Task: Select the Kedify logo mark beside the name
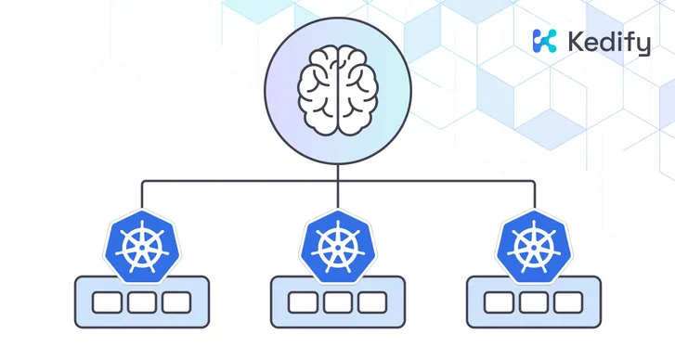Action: click(544, 41)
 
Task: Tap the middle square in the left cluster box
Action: click(141, 302)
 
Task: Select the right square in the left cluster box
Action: click(176, 302)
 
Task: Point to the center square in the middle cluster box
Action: click(337, 302)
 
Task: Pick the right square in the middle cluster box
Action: click(372, 302)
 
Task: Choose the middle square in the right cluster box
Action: click(533, 302)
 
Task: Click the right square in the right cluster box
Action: click(568, 302)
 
